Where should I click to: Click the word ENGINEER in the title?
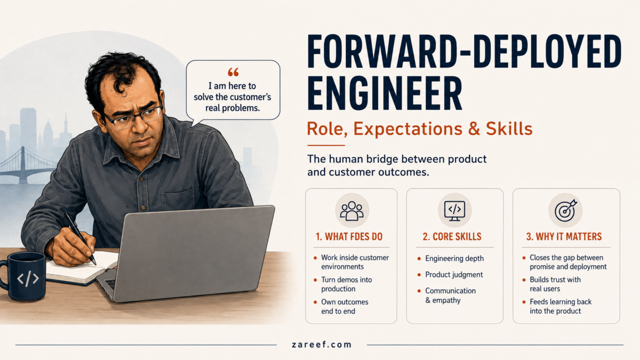point(385,93)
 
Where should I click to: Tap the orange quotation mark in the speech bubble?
point(233,73)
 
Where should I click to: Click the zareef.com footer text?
point(322,345)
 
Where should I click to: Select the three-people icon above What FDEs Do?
point(351,211)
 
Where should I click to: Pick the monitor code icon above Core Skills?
point(454,211)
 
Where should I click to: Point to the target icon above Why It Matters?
point(566,211)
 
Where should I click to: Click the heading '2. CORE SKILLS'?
point(452,237)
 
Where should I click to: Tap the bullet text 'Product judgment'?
point(454,275)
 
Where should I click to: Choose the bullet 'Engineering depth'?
point(454,259)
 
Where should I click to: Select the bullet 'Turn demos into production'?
point(347,284)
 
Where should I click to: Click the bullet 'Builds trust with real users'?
point(555,284)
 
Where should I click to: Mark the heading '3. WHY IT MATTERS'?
point(564,237)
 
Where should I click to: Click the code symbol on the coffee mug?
point(27,279)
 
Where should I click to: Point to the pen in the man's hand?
point(79,238)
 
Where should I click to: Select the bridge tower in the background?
point(23,165)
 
